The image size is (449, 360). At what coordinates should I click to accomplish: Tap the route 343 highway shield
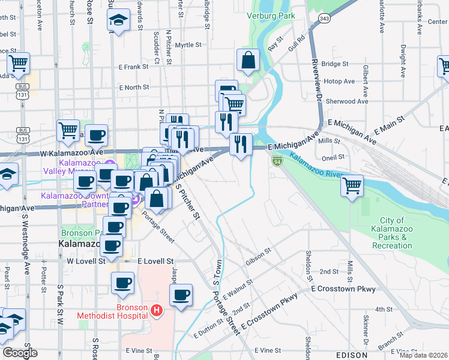coord(324,19)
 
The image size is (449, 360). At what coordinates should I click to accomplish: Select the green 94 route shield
coord(277,161)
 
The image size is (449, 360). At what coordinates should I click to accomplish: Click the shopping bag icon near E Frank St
coord(248,60)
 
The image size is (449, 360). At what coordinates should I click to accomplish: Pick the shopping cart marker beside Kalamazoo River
coord(352,185)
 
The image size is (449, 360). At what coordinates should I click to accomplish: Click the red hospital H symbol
coord(156,310)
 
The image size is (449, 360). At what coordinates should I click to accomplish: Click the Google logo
coord(20,353)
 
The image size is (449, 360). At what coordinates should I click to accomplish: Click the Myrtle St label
coord(188,45)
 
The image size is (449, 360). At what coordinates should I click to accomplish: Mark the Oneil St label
coord(333,157)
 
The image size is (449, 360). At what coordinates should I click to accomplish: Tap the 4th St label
coord(383,310)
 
